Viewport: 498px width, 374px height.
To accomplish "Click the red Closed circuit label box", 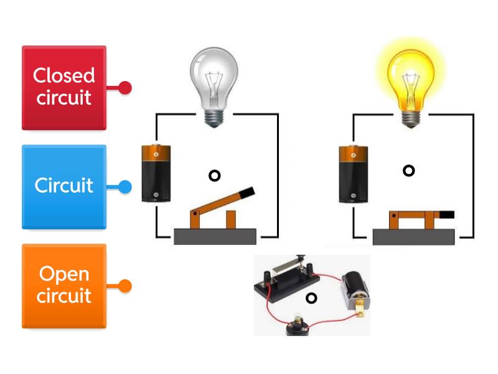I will [x=64, y=87].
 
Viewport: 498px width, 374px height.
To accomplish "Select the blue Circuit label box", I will [x=64, y=186].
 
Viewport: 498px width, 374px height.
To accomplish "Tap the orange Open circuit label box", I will [x=64, y=285].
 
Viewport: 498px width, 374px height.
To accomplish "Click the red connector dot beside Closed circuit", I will [x=125, y=88].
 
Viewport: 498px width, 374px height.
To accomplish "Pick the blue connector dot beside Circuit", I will [x=125, y=186].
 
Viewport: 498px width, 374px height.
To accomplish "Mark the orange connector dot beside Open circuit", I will [x=125, y=286].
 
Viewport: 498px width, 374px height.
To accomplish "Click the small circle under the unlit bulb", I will [x=215, y=176].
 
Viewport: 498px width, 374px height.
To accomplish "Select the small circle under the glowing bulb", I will [x=409, y=170].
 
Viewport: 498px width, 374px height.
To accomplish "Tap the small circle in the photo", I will [x=312, y=298].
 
